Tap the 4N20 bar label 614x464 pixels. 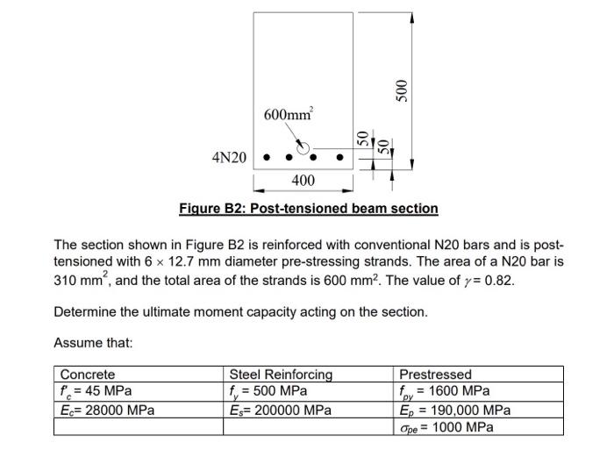coord(230,158)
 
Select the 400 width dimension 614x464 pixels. coord(303,181)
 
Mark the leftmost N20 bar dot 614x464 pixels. coord(267,159)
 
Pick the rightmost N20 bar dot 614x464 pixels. coord(339,159)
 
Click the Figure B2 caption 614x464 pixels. coord(308,208)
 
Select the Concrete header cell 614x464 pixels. coord(88,375)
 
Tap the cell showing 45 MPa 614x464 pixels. coord(96,391)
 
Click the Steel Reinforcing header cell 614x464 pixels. coord(281,375)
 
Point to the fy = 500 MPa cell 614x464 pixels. coord(268,391)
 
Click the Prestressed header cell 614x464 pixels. coord(435,375)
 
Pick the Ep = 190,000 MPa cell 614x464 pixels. coord(455,410)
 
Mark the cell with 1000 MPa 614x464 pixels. coord(446,427)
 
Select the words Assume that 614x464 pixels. coord(93,343)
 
